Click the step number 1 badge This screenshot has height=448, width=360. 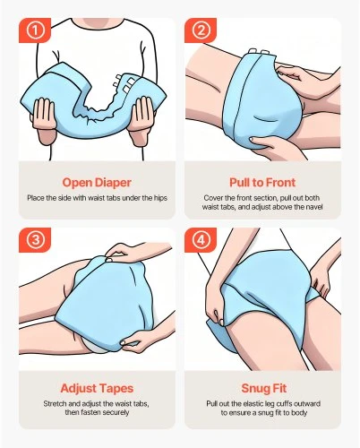pyautogui.click(x=35, y=30)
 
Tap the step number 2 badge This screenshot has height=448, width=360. pyautogui.click(x=201, y=30)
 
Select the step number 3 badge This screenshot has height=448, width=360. pyautogui.click(x=35, y=240)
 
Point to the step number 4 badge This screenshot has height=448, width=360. pyautogui.click(x=201, y=240)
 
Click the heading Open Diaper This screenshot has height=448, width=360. pyautogui.click(x=97, y=183)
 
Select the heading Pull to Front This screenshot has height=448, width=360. pyautogui.click(x=262, y=182)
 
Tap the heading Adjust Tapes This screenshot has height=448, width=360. pyautogui.click(x=97, y=388)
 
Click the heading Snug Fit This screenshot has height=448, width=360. pyautogui.click(x=264, y=388)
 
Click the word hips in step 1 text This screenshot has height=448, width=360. pyautogui.click(x=160, y=198)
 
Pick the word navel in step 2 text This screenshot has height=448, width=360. pyautogui.click(x=314, y=207)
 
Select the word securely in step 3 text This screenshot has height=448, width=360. pyautogui.click(x=116, y=412)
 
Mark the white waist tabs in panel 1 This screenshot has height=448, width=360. pyautogui.click(x=125, y=82)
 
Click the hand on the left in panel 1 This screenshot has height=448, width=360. pyautogui.click(x=44, y=118)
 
